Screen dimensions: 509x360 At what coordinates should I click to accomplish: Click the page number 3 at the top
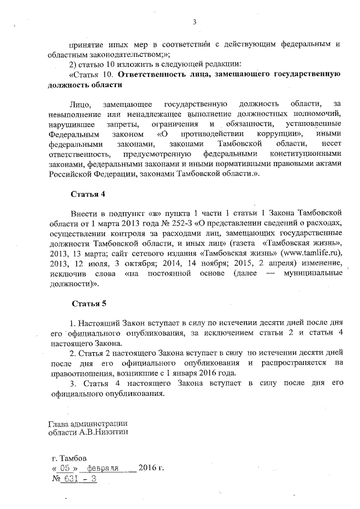tap(194, 22)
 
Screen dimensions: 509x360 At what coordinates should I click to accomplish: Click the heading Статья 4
tap(88, 194)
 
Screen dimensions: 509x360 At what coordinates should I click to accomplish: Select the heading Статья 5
tap(89, 304)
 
